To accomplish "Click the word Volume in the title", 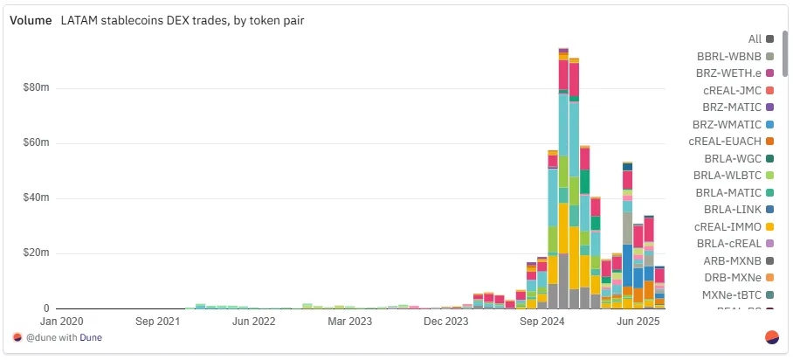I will point(31,20).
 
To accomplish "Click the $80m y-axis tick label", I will point(35,87).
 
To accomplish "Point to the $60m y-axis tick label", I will point(35,142).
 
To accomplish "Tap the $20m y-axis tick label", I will point(35,253).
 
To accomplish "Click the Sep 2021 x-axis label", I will point(158,322).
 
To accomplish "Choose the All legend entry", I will point(755,38).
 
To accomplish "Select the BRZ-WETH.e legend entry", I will point(729,73).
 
